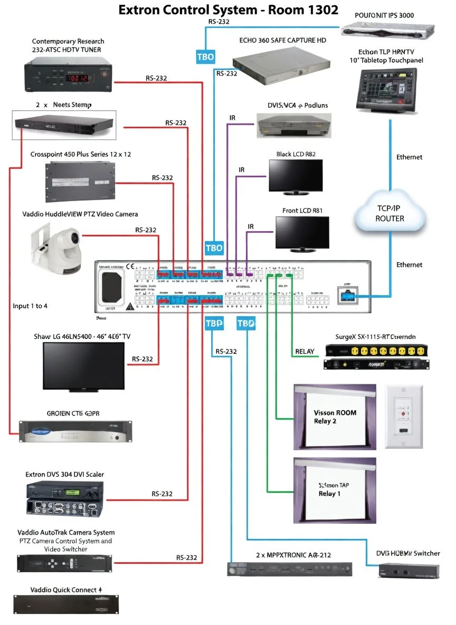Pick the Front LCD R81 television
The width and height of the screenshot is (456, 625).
pos(301,233)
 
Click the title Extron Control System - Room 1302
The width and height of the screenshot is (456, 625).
pos(228,10)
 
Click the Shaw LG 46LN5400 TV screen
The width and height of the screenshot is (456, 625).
pos(83,365)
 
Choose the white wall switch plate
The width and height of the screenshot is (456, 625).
pos(405,416)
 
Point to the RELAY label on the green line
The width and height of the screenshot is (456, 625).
pos(304,351)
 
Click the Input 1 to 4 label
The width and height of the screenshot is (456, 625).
pos(30,306)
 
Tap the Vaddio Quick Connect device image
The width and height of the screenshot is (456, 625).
pos(66,603)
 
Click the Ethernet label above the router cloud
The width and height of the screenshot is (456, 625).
pos(409,157)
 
